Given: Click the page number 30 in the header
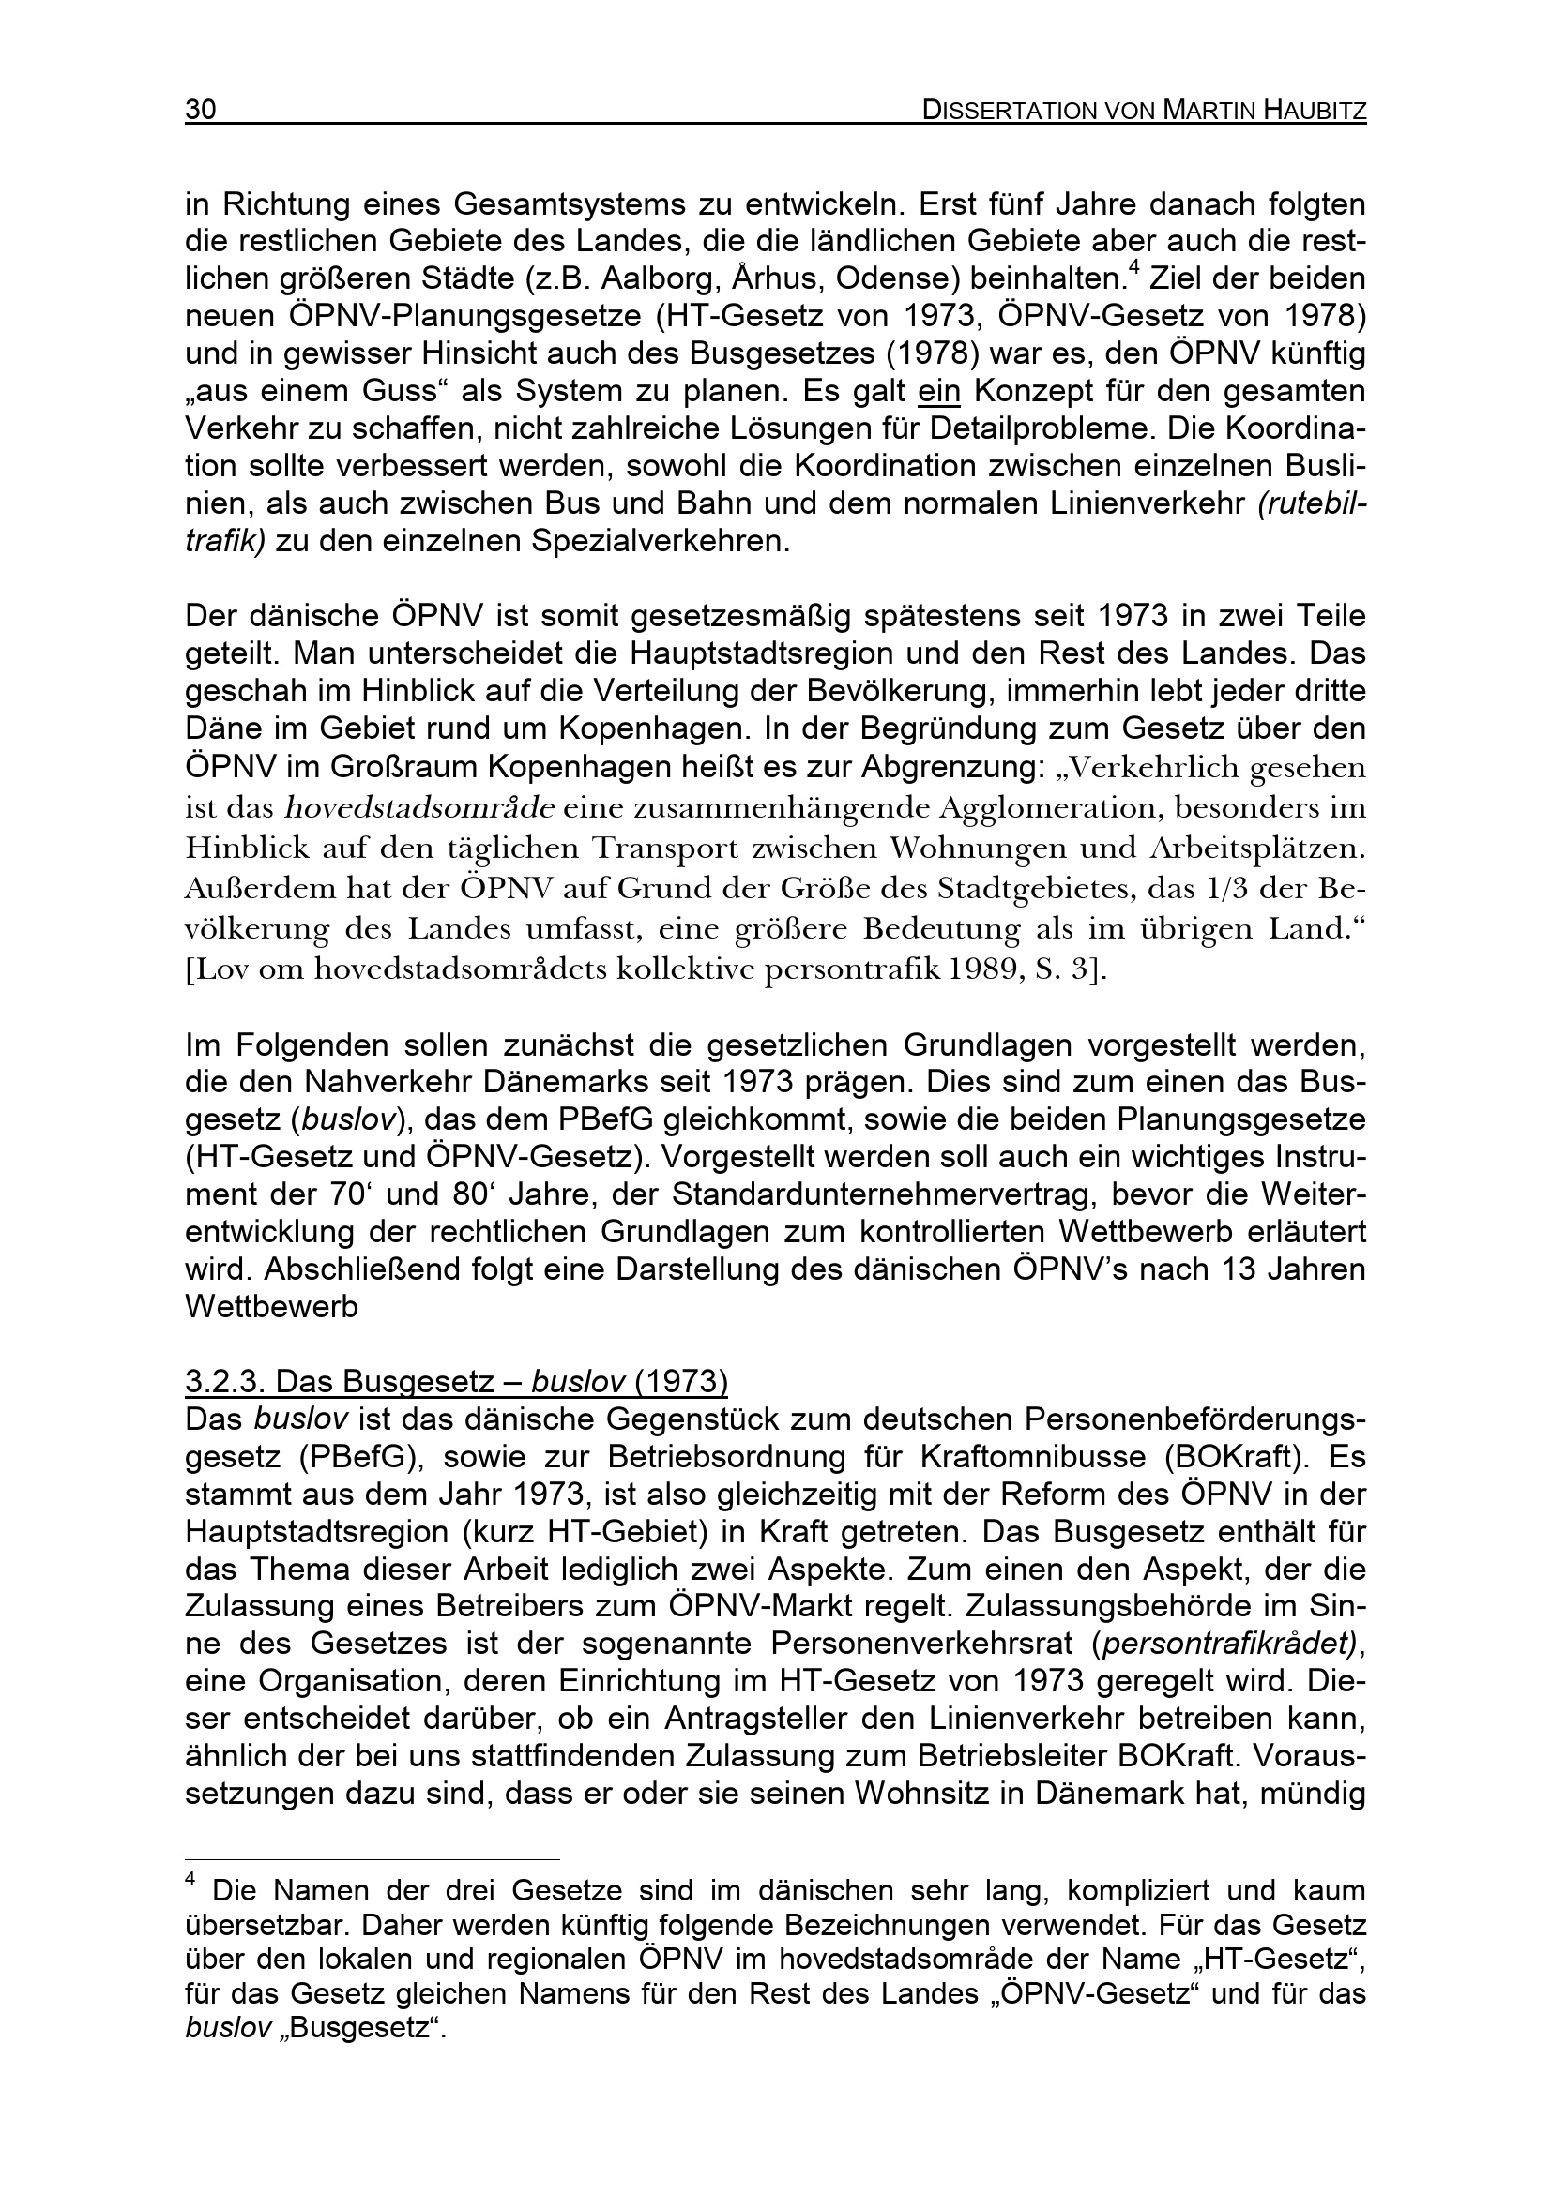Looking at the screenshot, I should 201,111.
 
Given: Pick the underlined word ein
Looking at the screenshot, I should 938,392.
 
